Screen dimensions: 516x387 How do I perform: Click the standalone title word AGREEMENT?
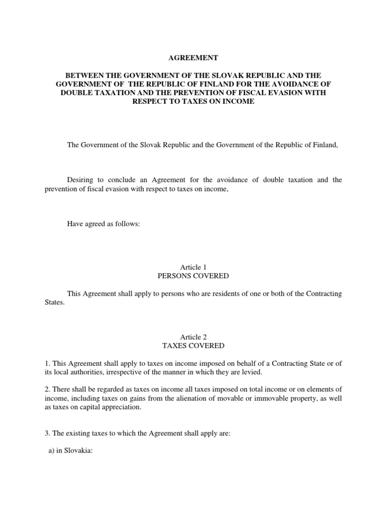coord(193,58)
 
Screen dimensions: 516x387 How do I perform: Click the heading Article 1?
coord(193,267)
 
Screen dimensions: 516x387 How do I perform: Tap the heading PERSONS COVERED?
coord(193,276)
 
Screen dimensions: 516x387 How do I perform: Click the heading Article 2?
coord(193,337)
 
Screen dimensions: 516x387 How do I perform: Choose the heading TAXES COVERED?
coord(193,346)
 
